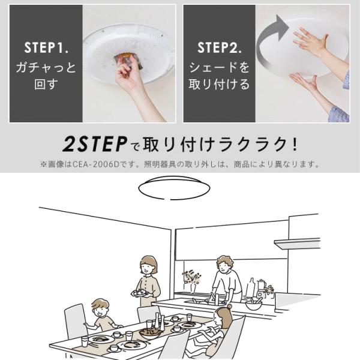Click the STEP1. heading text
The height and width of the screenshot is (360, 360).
point(46,47)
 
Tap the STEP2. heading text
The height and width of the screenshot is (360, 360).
point(219,47)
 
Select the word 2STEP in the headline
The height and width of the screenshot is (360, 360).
point(95,144)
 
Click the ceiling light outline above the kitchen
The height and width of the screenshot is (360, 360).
point(174,187)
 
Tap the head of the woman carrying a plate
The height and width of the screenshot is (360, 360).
point(149,265)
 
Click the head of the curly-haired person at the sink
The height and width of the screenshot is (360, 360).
point(225,264)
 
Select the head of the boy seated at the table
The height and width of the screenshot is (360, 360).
point(100,308)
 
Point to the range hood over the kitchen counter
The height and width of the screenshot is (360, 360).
point(298,244)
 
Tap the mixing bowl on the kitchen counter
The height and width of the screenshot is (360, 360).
point(253,305)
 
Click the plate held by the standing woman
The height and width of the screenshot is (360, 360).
point(140,293)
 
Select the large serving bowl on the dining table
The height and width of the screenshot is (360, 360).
point(151,333)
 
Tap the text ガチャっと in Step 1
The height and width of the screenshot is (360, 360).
point(46,67)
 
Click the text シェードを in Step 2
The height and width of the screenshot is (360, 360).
point(219,67)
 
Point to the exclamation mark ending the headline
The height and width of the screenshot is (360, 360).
point(295,145)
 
